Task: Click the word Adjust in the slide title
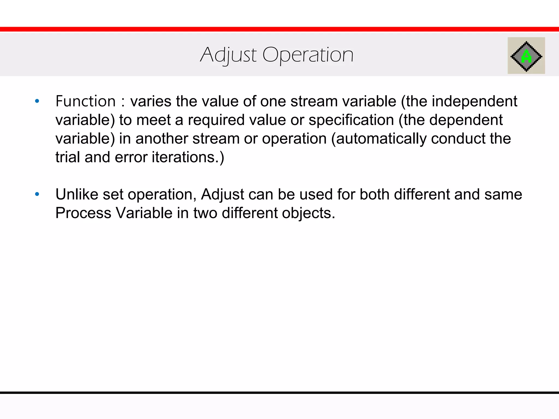(x=228, y=55)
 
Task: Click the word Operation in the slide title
(x=308, y=55)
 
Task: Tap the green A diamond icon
(x=526, y=56)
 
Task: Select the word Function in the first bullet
(x=85, y=101)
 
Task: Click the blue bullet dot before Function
(x=37, y=101)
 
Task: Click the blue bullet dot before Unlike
(x=37, y=194)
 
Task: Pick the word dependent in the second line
(x=466, y=120)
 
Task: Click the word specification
(x=351, y=120)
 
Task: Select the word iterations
(x=185, y=157)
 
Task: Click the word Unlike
(x=77, y=194)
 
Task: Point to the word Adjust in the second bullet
(x=222, y=194)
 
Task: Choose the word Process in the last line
(x=83, y=213)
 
